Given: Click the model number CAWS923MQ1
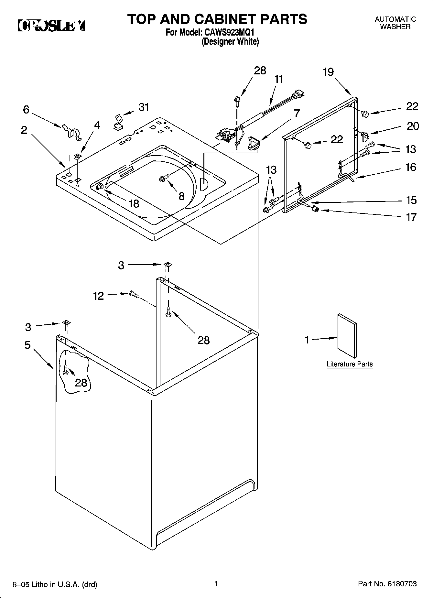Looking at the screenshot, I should tap(231, 33).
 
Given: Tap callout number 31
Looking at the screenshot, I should tap(144, 107).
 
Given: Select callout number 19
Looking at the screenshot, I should tap(328, 72).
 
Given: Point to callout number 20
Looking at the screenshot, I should tap(413, 126).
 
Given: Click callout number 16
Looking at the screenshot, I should tap(411, 167).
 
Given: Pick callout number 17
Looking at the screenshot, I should tap(411, 217).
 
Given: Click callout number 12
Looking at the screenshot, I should tap(99, 296).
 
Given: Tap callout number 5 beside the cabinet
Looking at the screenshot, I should tap(27, 345).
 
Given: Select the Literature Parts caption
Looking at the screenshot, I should tap(350, 364).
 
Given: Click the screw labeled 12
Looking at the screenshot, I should tap(134, 294).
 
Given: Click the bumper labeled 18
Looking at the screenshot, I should tap(100, 186).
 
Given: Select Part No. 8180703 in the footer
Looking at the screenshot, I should tap(387, 584).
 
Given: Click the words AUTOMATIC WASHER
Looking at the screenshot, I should tap(395, 23).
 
